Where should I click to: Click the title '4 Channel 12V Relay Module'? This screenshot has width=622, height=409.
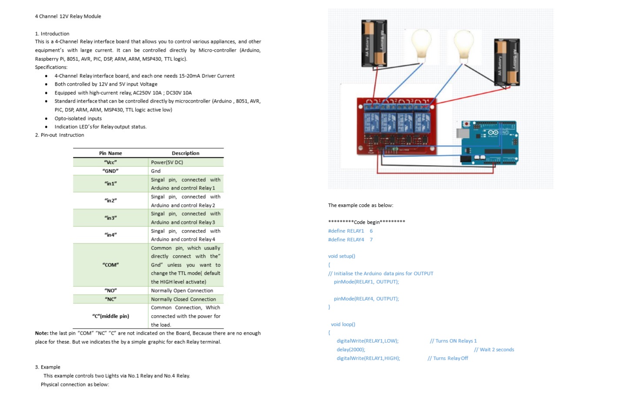click(x=68, y=17)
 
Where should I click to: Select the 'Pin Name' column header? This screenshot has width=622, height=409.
click(x=110, y=153)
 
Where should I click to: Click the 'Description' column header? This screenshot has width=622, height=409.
click(x=185, y=153)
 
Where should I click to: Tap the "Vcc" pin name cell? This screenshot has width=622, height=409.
click(x=110, y=162)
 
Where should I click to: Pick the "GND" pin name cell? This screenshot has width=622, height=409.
click(x=110, y=171)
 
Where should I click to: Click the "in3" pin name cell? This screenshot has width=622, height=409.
click(x=110, y=218)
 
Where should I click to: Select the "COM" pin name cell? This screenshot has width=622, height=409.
click(x=110, y=265)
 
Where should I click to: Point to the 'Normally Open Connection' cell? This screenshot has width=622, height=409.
click(x=182, y=290)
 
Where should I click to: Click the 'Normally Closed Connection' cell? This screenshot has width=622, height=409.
click(x=183, y=299)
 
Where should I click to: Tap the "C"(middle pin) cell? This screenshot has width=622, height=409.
click(x=110, y=316)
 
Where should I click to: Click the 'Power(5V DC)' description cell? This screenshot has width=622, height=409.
click(x=167, y=162)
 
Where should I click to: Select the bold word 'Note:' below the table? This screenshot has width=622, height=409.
click(x=42, y=333)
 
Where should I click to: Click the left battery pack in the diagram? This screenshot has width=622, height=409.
click(x=374, y=43)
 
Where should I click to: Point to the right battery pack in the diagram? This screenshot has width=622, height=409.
click(x=507, y=62)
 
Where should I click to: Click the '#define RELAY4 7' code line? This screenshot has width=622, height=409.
click(x=350, y=239)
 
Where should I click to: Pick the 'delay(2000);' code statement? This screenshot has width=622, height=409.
click(x=351, y=349)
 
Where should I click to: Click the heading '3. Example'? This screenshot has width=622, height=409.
click(x=48, y=367)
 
